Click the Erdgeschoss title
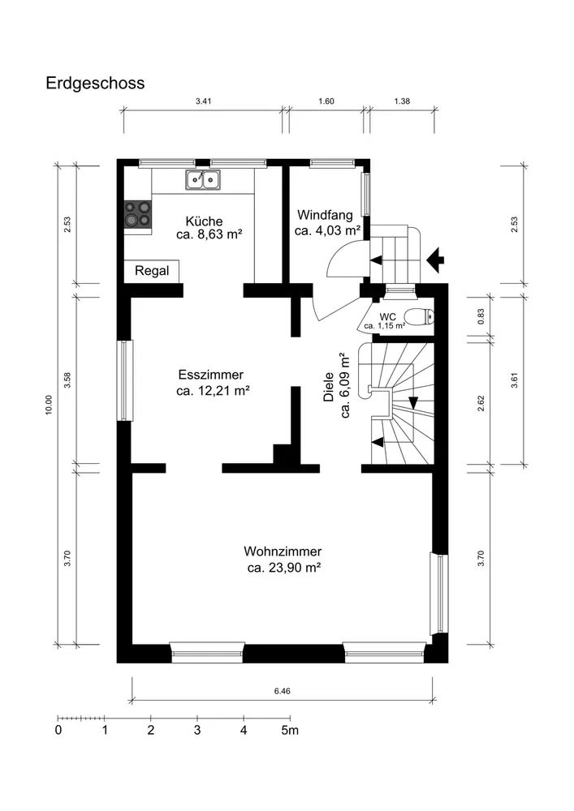[95, 84]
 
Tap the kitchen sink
[203, 179]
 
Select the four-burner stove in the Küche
[138, 213]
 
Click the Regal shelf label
[152, 271]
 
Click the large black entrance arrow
[436, 260]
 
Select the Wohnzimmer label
[283, 551]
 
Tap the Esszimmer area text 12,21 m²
[224, 391]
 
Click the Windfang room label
[325, 215]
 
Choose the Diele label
[329, 387]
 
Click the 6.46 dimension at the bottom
[283, 691]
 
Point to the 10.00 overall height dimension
[49, 405]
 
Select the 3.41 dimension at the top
[204, 101]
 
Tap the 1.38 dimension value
[402, 101]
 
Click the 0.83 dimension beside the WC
[481, 316]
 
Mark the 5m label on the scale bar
[291, 731]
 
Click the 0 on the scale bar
[58, 731]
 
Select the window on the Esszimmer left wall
[125, 380]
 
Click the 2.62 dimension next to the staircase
[481, 403]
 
